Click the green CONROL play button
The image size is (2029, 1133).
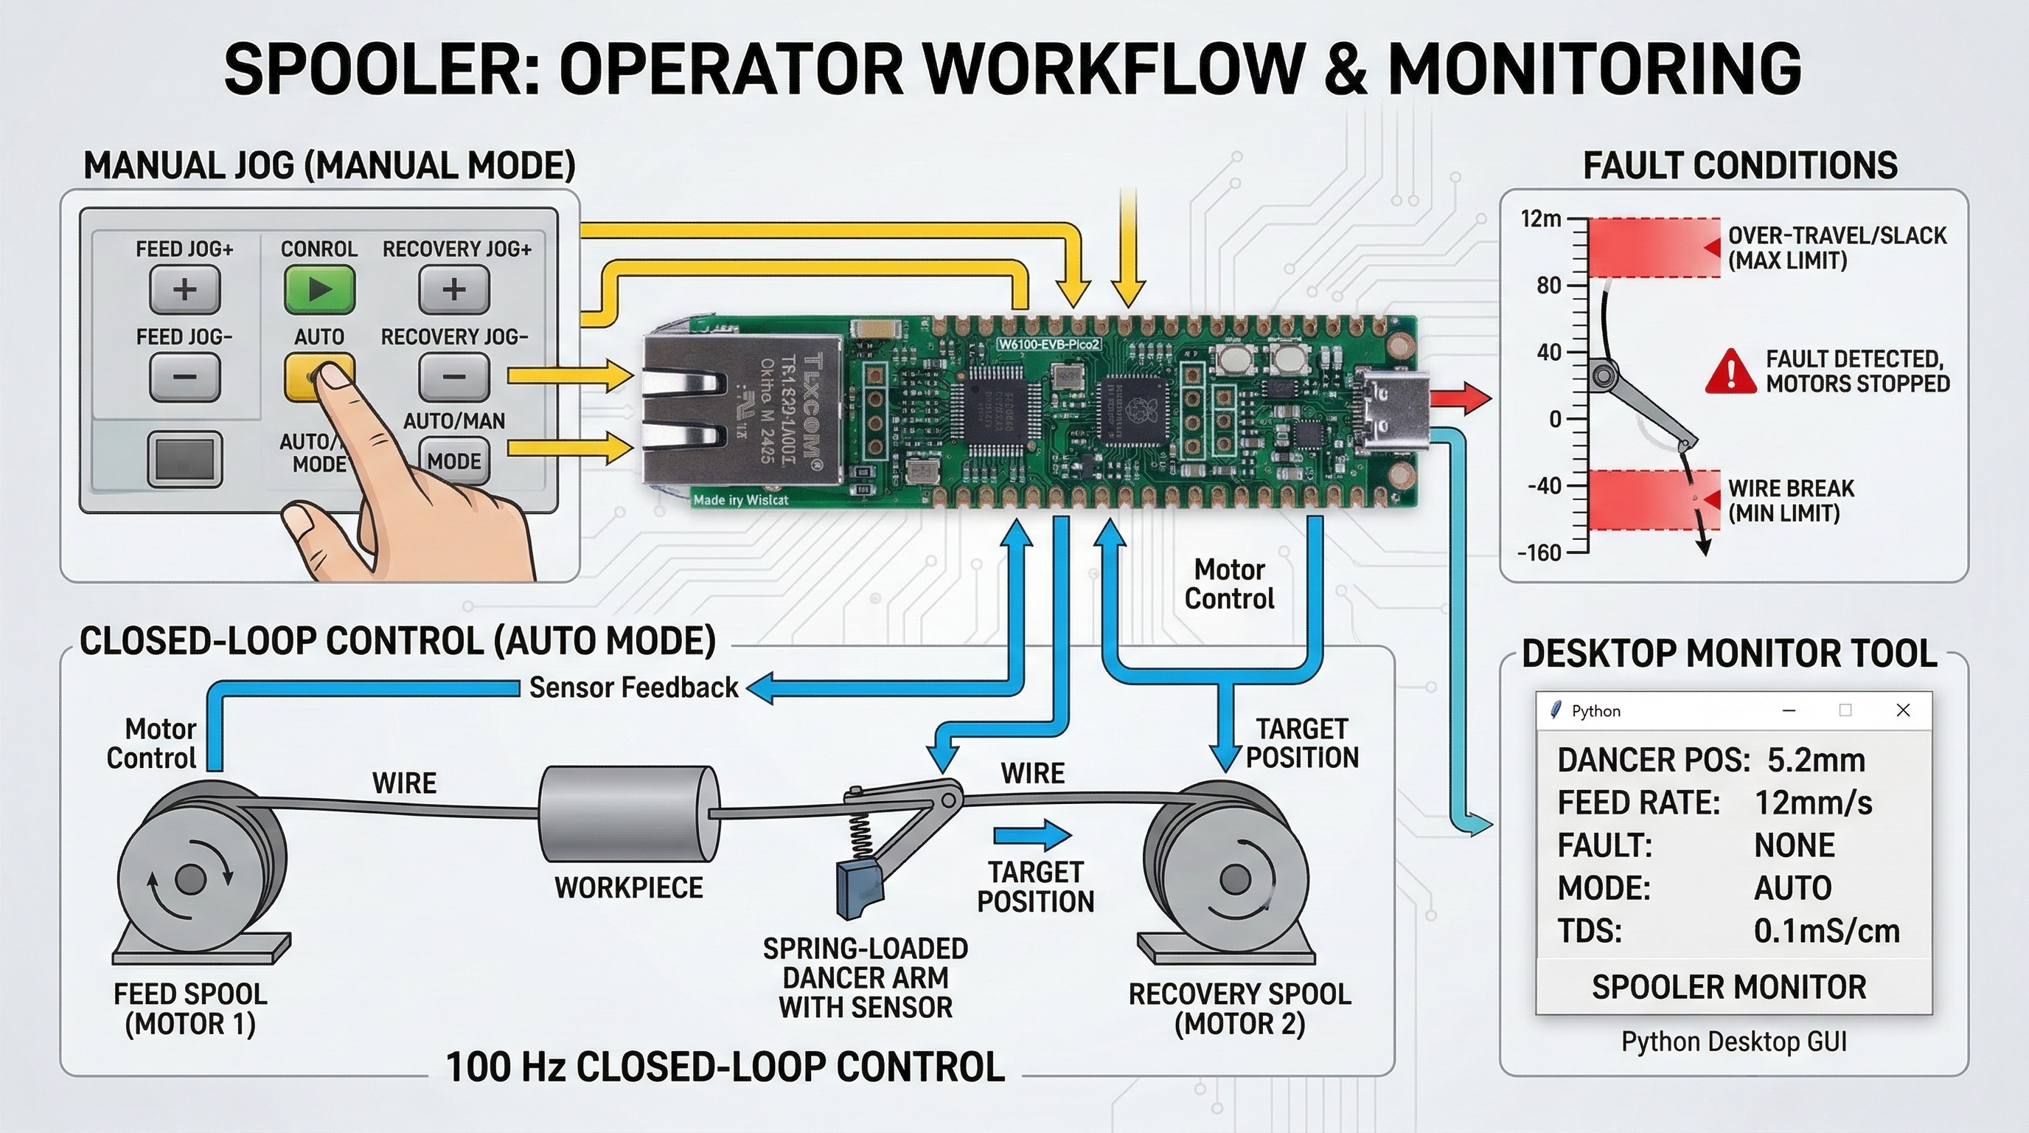pyautogui.click(x=319, y=289)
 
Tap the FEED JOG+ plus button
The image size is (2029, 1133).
pyautogui.click(x=185, y=289)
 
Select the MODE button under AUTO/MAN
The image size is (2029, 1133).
pyautogui.click(x=453, y=461)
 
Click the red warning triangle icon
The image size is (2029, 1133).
pyautogui.click(x=1730, y=371)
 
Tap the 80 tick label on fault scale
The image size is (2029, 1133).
pyautogui.click(x=1548, y=285)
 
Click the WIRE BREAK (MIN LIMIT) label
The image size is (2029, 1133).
pyautogui.click(x=1790, y=500)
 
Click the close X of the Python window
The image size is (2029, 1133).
pyautogui.click(x=1903, y=710)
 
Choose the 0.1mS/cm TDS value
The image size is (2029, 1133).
pyautogui.click(x=1826, y=932)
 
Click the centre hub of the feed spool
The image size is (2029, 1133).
pyautogui.click(x=189, y=879)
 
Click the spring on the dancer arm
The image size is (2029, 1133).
pyautogui.click(x=861, y=835)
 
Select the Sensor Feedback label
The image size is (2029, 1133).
pyautogui.click(x=633, y=687)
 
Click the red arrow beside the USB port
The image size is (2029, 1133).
pyautogui.click(x=1459, y=397)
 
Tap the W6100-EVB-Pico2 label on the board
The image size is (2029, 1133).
pyautogui.click(x=1048, y=344)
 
